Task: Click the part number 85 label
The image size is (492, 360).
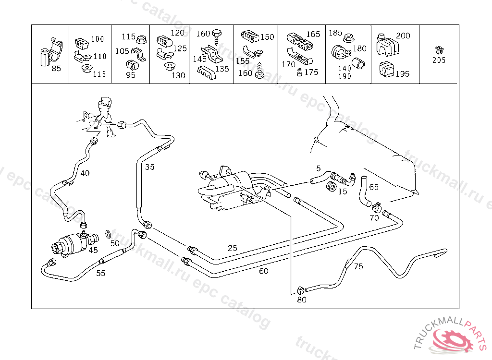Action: click(x=56, y=69)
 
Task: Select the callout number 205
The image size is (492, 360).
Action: click(x=439, y=60)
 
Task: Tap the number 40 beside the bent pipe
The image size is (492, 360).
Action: click(x=85, y=173)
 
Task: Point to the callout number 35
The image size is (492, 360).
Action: click(x=150, y=167)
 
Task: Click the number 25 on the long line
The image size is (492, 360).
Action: click(x=233, y=248)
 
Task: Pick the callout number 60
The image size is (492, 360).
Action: click(x=264, y=271)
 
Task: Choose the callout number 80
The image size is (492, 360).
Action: click(x=302, y=300)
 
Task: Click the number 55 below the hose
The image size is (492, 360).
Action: click(x=100, y=274)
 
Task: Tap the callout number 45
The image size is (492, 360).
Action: click(x=93, y=250)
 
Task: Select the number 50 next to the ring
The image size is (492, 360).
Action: click(x=115, y=243)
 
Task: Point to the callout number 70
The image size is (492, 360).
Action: click(x=374, y=218)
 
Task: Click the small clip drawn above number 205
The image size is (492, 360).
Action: click(x=438, y=50)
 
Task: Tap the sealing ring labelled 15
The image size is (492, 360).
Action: click(x=331, y=186)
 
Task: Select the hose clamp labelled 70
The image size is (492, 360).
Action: click(x=376, y=207)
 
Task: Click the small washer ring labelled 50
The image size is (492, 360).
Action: click(x=109, y=234)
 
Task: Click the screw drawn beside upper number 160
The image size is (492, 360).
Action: click(x=216, y=35)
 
